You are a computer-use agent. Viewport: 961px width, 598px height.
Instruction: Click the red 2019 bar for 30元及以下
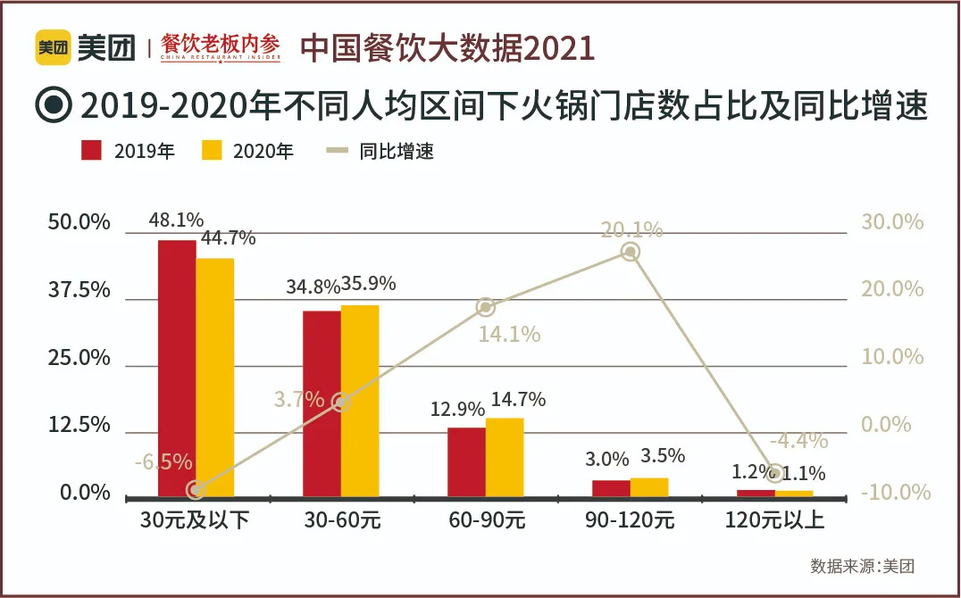pyautogui.click(x=177, y=367)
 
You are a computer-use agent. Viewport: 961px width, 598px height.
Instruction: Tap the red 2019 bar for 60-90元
pyautogui.click(x=466, y=461)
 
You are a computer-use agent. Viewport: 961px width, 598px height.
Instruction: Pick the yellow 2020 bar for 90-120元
pyautogui.click(x=649, y=486)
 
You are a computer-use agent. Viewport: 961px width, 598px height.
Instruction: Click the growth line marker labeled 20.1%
pyautogui.click(x=631, y=253)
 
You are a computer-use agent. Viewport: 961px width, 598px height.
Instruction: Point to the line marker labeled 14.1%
pyautogui.click(x=486, y=307)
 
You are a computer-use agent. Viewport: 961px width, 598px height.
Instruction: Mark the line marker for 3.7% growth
pyautogui.click(x=340, y=403)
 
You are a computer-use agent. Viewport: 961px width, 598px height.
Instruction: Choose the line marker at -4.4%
pyautogui.click(x=775, y=472)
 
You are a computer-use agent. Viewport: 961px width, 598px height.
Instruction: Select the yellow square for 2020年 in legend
pyautogui.click(x=212, y=150)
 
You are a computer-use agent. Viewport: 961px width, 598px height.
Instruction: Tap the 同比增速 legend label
pyautogui.click(x=397, y=151)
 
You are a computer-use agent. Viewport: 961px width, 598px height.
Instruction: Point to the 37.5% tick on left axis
pyautogui.click(x=79, y=291)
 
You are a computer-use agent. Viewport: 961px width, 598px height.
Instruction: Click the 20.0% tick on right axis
pyautogui.click(x=891, y=289)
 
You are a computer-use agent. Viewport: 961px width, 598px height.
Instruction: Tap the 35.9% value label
pyautogui.click(x=366, y=285)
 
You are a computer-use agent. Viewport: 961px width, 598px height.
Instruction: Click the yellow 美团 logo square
pyautogui.click(x=53, y=47)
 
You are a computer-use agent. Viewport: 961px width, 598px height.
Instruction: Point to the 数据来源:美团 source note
pyautogui.click(x=862, y=566)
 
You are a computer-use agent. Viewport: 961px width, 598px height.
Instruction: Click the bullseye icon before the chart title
pyautogui.click(x=53, y=104)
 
